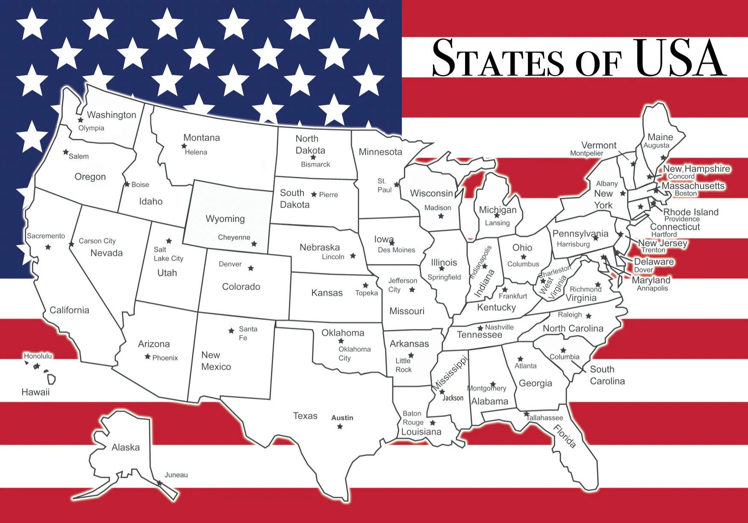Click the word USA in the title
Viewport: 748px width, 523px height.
tap(680, 58)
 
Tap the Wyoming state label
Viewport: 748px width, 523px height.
tap(225, 219)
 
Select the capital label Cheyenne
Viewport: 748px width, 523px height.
tap(234, 238)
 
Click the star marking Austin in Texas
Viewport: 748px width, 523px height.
tap(340, 426)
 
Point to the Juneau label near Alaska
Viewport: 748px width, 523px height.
tap(176, 475)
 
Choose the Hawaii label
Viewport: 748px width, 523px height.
tap(35, 392)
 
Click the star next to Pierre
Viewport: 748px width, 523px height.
tap(314, 194)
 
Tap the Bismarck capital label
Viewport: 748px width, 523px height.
tap(315, 165)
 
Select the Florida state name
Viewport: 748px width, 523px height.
tap(565, 436)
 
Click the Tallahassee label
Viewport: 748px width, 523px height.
tap(545, 418)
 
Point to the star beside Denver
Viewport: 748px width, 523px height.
tap(251, 268)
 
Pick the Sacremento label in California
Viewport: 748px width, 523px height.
tap(46, 236)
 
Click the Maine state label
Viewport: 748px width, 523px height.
tap(660, 137)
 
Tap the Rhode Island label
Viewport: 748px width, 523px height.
tap(691, 212)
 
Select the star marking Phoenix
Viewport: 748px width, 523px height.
tap(147, 356)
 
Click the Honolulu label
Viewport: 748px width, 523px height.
tap(38, 356)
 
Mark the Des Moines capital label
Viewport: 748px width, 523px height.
tap(396, 250)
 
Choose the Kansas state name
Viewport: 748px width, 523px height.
tap(327, 293)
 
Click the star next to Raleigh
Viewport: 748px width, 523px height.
tap(589, 316)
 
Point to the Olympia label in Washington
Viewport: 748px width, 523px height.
tap(91, 128)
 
